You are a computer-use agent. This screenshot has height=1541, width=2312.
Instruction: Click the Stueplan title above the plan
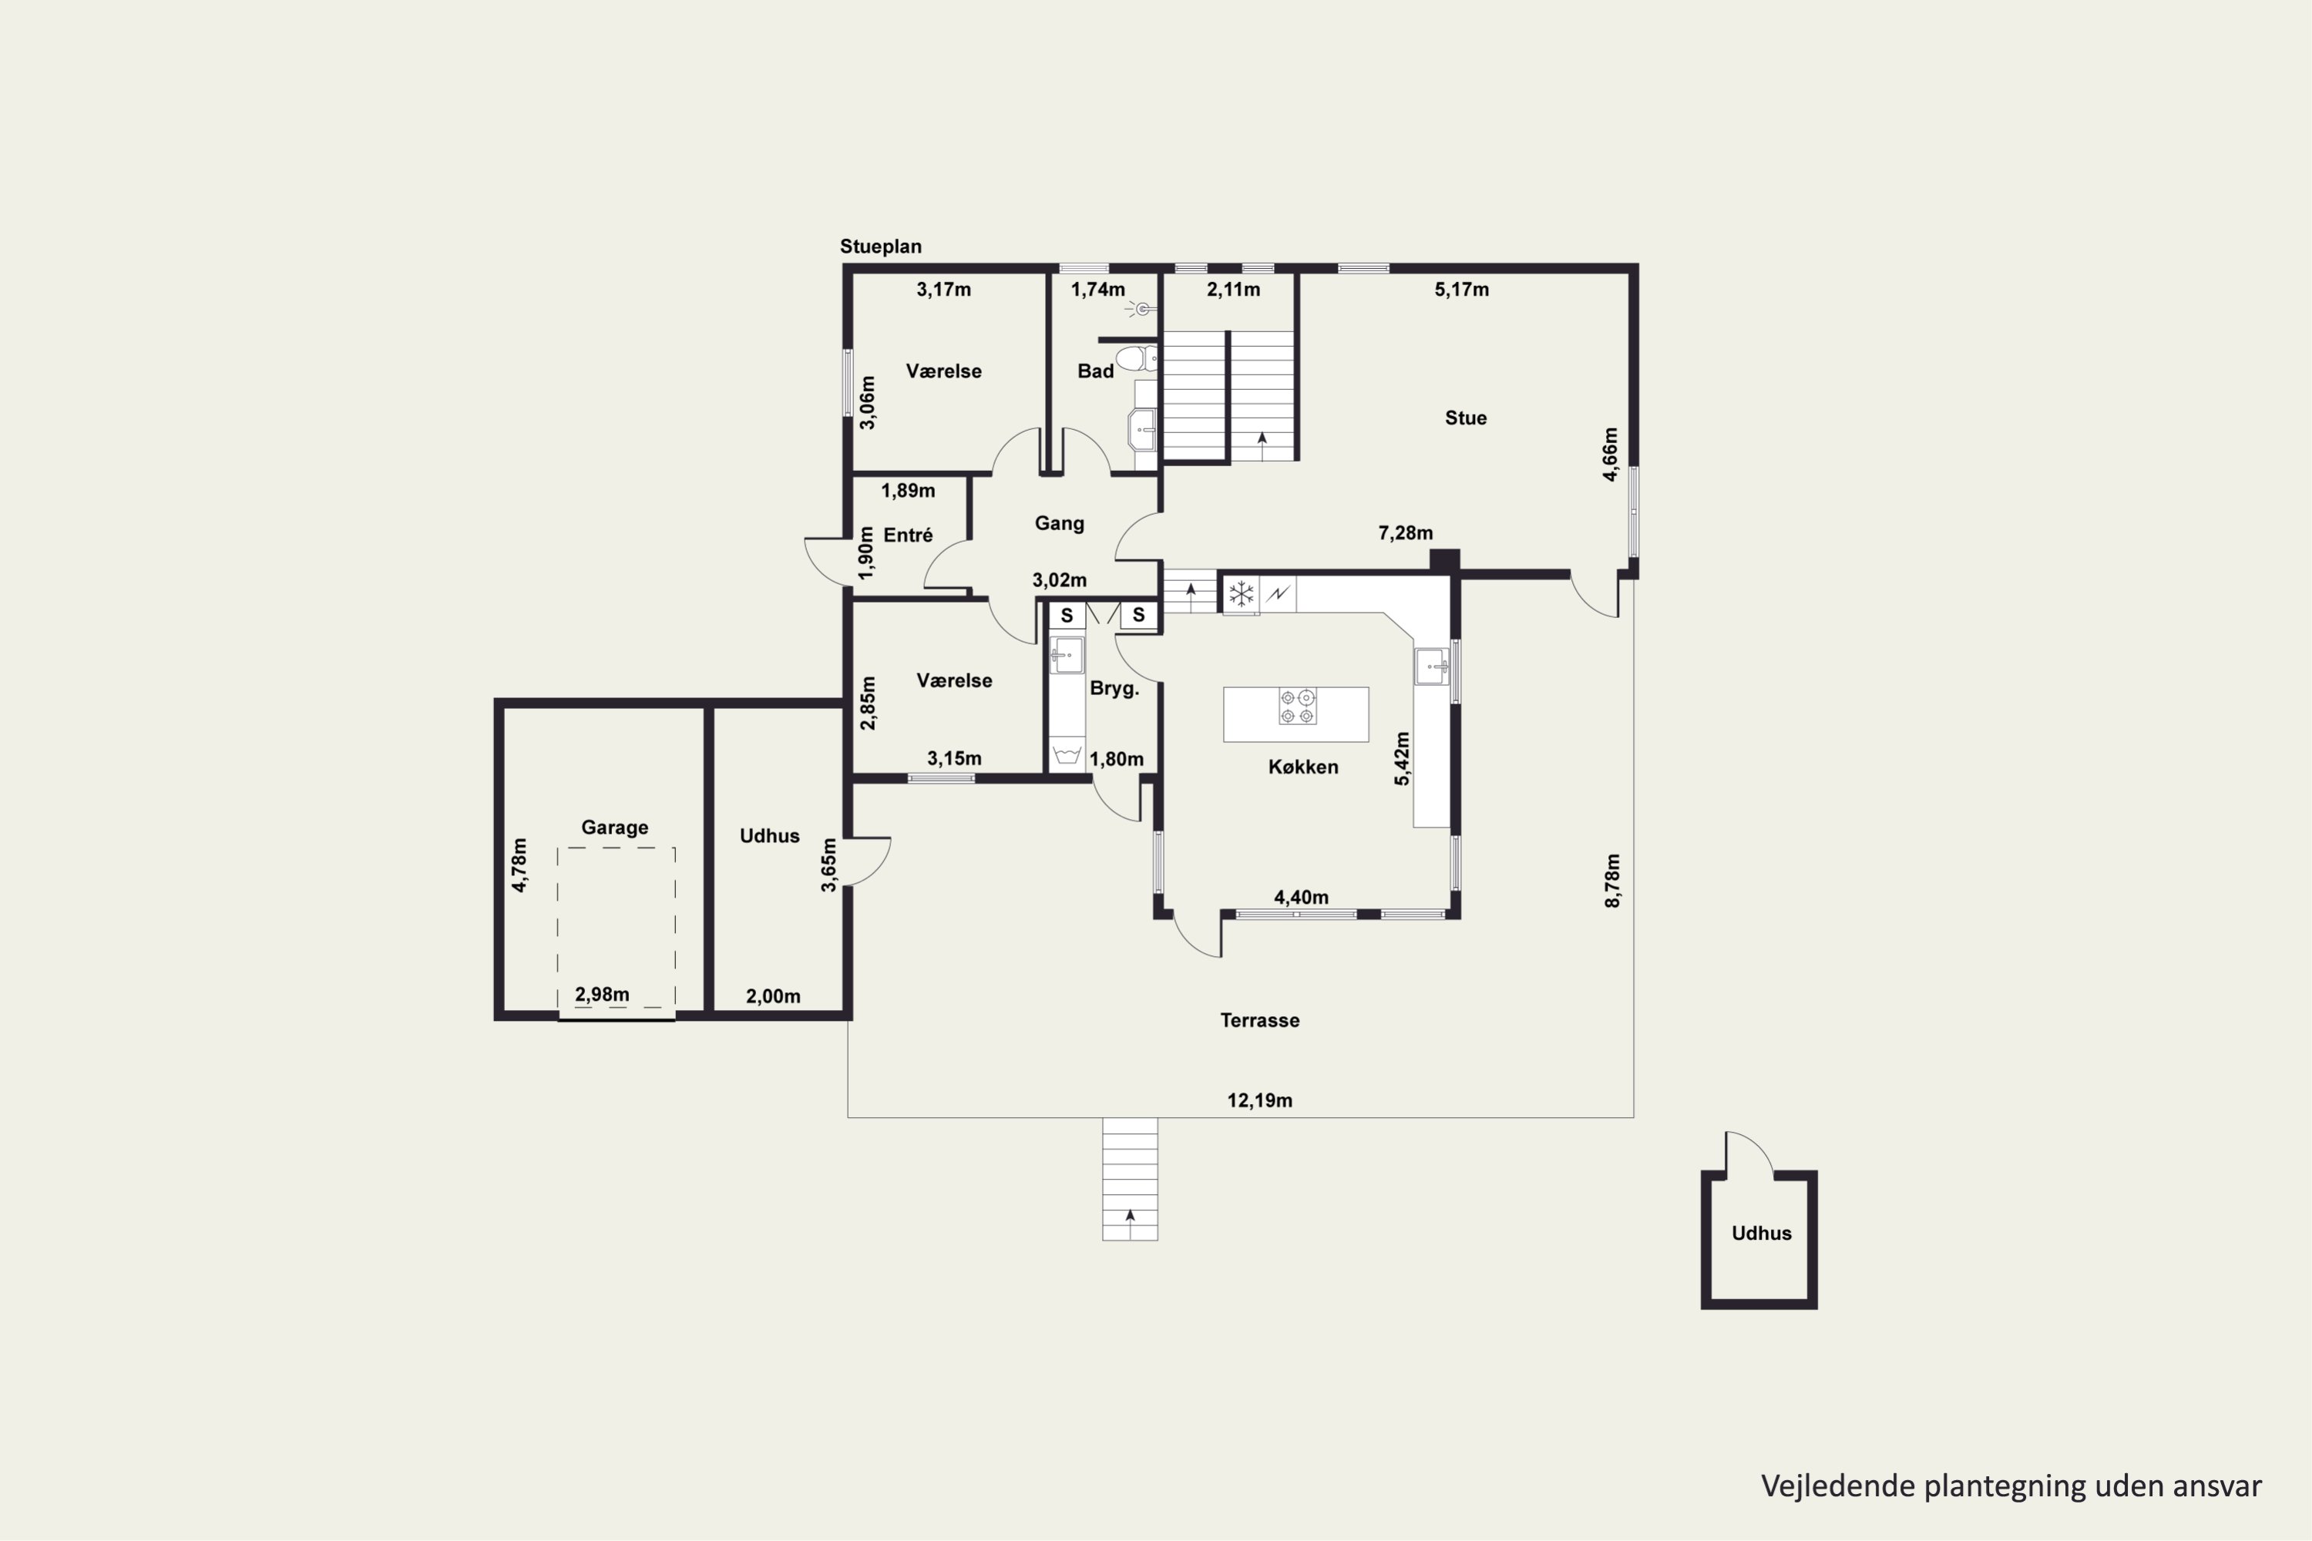coord(880,247)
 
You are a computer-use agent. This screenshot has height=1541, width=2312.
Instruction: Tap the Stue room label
coord(1465,418)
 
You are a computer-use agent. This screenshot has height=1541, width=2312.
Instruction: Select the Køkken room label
coord(1302,767)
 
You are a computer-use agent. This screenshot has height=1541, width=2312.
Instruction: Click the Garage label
coord(614,828)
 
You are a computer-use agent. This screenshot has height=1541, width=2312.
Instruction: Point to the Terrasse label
coord(1259,1020)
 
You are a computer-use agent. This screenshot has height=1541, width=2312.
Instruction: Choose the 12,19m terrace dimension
coord(1259,1101)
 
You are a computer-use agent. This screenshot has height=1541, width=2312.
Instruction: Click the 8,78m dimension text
coord(1612,881)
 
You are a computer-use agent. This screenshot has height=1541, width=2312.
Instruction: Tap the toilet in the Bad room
coord(1138,358)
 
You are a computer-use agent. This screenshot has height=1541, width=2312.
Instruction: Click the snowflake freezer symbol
coord(1242,593)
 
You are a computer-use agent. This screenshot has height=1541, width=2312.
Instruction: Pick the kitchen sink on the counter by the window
coord(1431,666)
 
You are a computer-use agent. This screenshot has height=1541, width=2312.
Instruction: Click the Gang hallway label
coord(1059,524)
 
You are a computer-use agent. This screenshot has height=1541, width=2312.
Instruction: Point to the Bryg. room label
coord(1114,689)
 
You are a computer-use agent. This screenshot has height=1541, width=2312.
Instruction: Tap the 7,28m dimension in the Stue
coord(1405,532)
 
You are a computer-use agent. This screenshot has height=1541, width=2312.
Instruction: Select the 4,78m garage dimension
coord(519,865)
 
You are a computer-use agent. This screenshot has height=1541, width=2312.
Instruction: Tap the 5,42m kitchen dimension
coord(1402,759)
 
